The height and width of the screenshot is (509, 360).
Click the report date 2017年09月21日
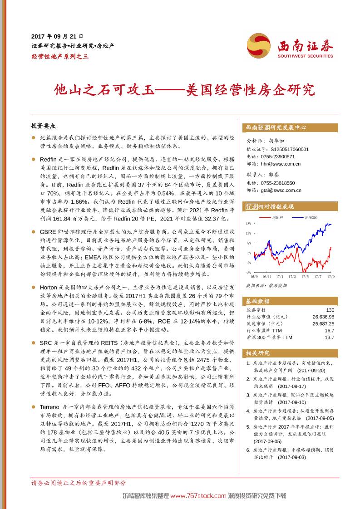57,36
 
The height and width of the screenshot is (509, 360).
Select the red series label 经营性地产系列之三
60,56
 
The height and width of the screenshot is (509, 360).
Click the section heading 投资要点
43,126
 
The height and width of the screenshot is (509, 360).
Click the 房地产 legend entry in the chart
277,218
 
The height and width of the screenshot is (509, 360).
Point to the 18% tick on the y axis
249,224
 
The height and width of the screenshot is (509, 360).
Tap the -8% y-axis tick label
249,273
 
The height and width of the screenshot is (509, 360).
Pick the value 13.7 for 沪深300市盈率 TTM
330,338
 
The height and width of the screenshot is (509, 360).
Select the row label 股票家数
256,310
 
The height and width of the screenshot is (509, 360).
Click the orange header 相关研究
258,353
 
